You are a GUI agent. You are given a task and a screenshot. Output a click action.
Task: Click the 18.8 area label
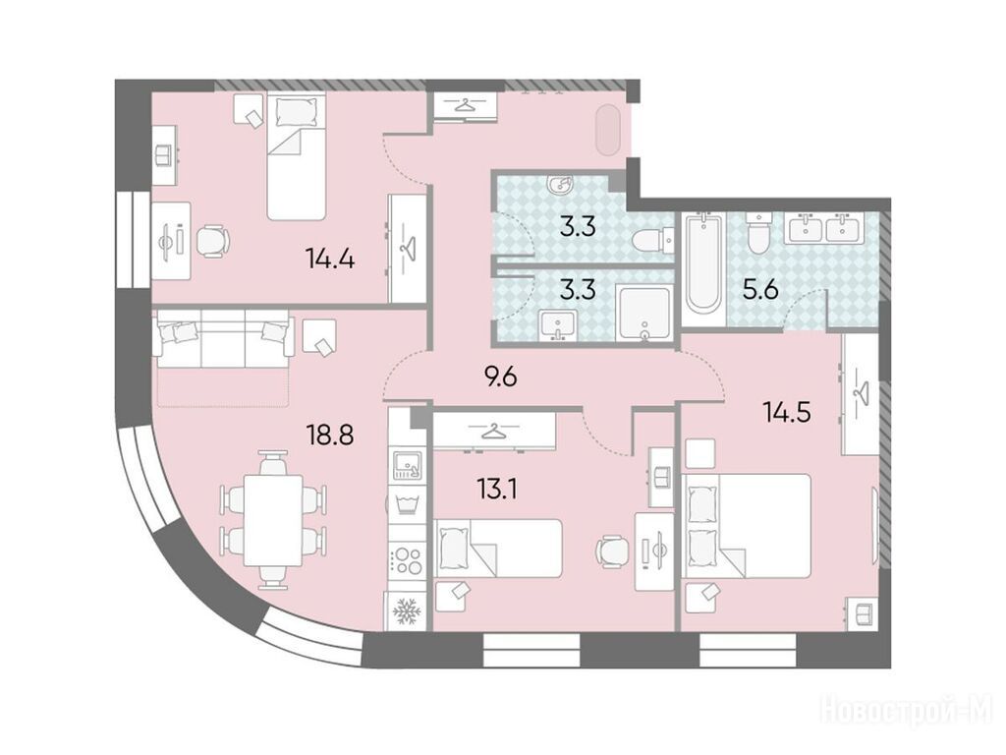330,436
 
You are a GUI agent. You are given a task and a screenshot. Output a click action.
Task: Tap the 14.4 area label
330,260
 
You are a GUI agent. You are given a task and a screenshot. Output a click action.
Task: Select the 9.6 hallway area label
501,377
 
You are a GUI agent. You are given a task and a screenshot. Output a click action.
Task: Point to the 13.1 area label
497,491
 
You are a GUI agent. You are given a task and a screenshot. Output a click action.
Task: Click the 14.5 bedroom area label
787,412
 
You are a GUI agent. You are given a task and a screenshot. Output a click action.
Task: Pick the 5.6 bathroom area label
760,291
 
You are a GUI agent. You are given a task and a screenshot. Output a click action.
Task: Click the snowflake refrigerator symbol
406,610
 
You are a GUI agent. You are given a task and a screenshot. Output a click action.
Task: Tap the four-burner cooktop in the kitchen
406,559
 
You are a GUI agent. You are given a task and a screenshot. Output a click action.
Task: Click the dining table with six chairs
273,519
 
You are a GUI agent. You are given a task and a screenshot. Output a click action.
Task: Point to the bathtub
702,262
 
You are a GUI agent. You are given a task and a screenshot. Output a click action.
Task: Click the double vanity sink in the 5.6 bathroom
825,227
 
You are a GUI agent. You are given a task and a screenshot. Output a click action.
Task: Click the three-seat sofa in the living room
223,338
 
